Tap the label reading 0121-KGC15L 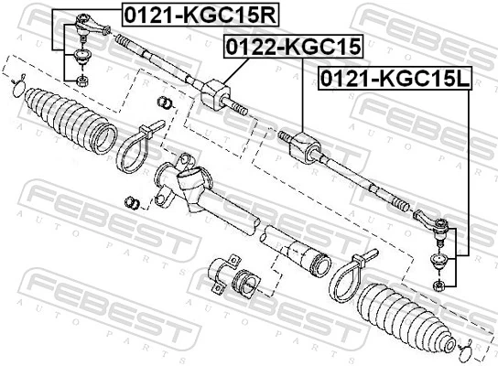[393, 80]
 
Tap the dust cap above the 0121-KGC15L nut [438, 264]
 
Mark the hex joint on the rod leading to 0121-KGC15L [301, 144]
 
